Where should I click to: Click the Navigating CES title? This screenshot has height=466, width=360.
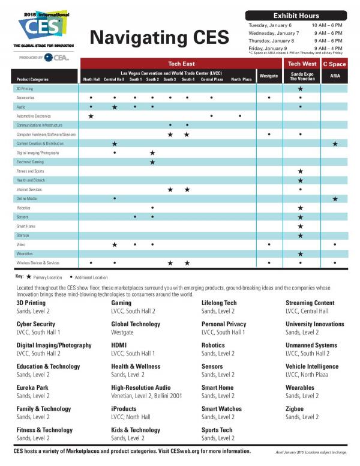[x=160, y=37]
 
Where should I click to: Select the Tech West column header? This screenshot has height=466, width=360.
[x=302, y=64]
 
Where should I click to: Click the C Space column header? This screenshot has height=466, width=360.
[x=334, y=64]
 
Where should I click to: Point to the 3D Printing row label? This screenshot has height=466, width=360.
[x=25, y=88]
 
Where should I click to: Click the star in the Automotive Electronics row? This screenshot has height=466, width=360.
[x=91, y=116]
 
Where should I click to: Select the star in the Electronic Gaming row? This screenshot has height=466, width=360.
[x=152, y=162]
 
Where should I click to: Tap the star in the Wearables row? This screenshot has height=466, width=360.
[x=300, y=254]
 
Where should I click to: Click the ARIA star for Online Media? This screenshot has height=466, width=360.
[x=335, y=199]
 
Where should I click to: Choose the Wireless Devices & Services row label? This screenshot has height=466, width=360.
[x=38, y=263]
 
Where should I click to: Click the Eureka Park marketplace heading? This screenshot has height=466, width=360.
[x=34, y=388]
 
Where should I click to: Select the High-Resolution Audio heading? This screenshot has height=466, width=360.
[x=140, y=388]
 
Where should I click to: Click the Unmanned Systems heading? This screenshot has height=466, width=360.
[x=311, y=345]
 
